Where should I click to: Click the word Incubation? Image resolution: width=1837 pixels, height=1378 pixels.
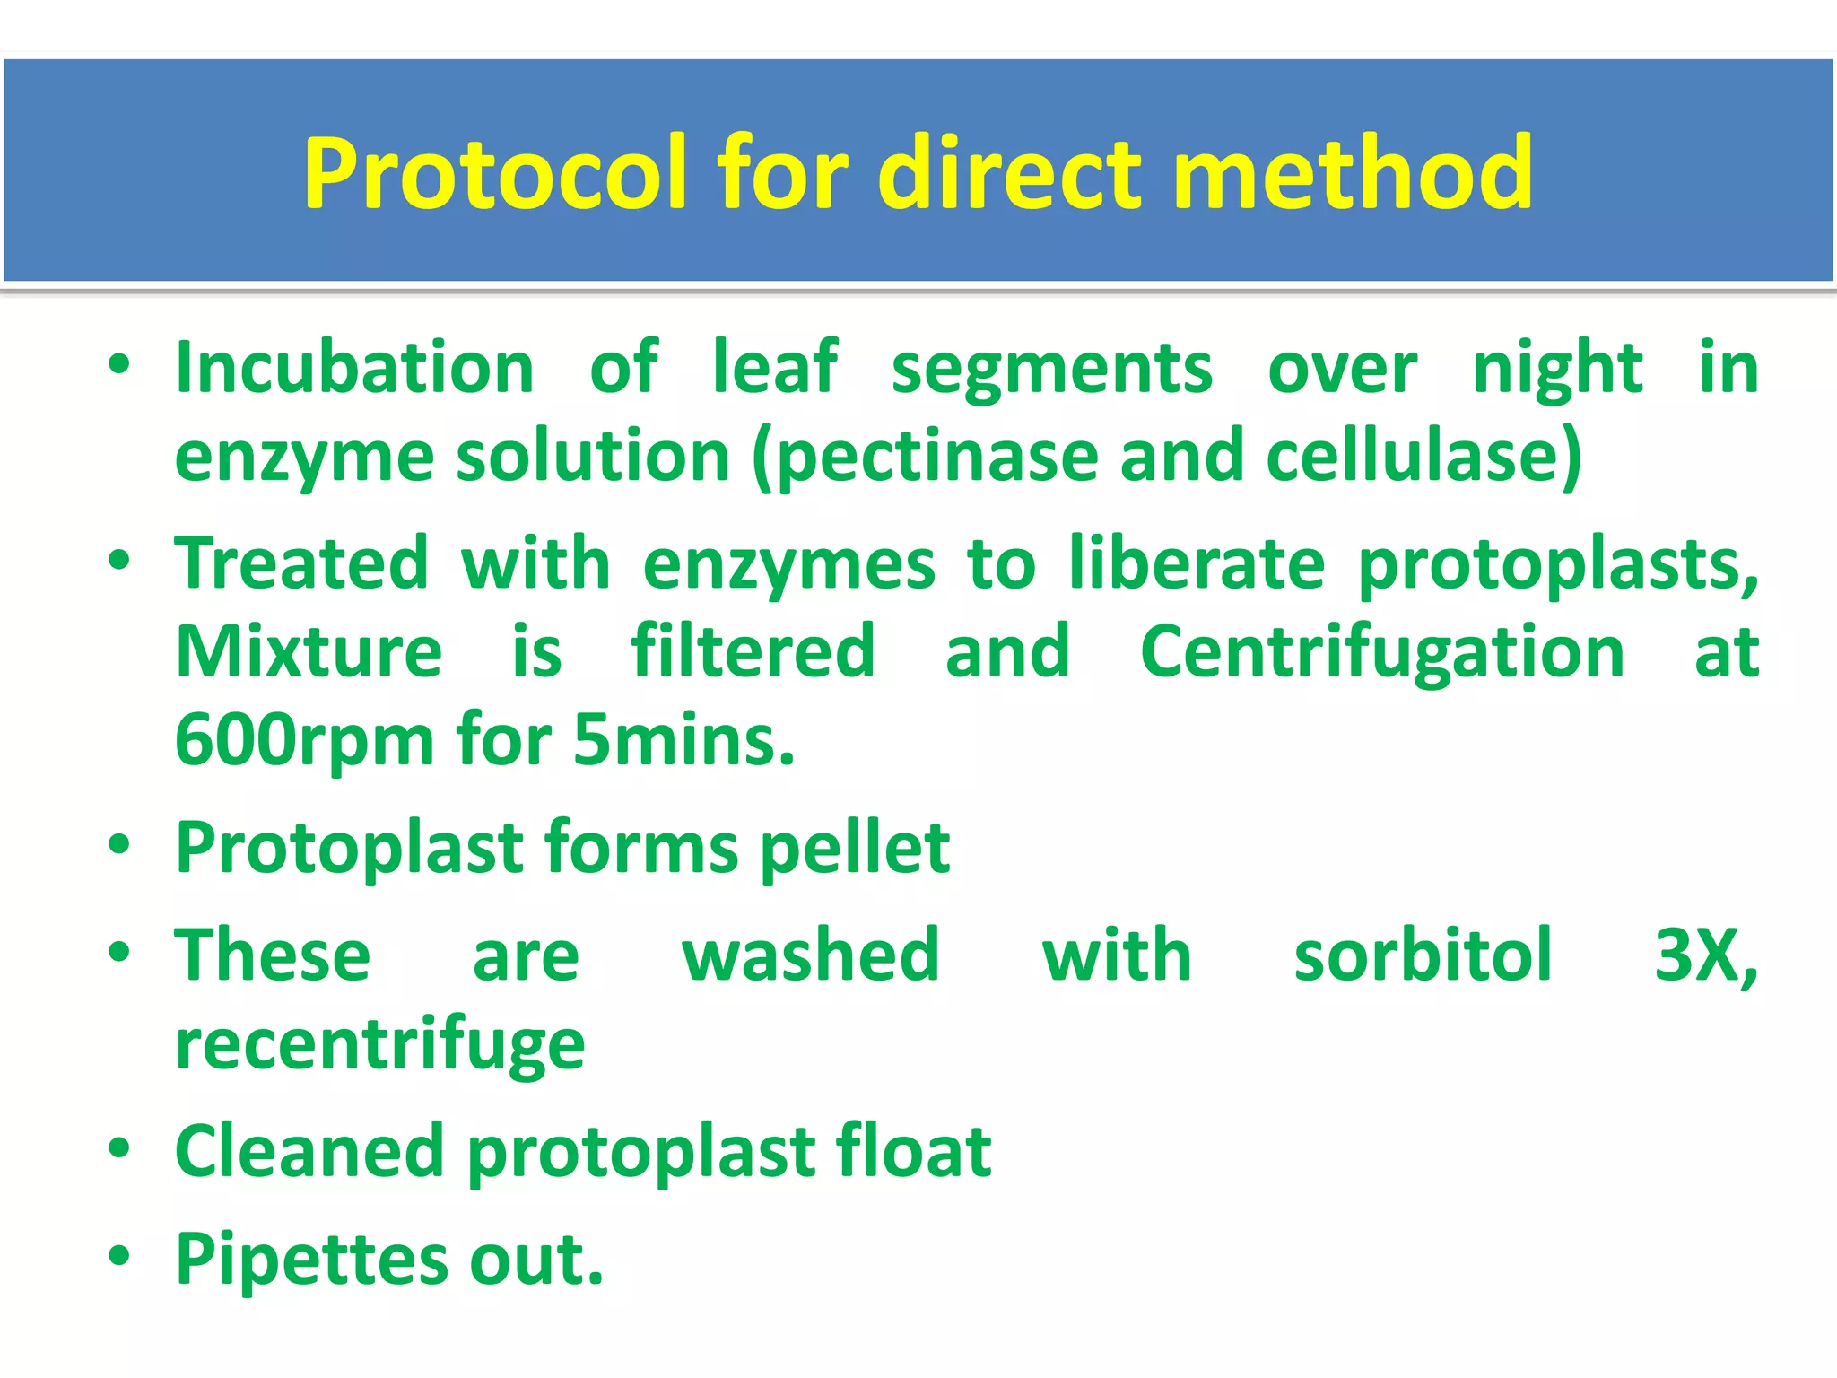pos(355,367)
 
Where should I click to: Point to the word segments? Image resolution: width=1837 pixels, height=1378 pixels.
pos(1051,369)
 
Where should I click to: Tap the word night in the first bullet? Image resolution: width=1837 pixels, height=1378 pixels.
pos(1558,369)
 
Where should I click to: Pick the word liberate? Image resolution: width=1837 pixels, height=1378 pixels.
pos(1197,564)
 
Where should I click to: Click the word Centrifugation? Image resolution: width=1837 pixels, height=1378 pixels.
pos(1381,652)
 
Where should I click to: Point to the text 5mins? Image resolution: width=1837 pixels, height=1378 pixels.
pos(683,741)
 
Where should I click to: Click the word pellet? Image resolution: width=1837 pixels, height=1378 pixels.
pos(855,848)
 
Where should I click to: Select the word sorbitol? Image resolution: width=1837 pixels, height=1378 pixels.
pos(1423,955)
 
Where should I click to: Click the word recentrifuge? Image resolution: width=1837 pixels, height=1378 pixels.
pos(380,1044)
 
